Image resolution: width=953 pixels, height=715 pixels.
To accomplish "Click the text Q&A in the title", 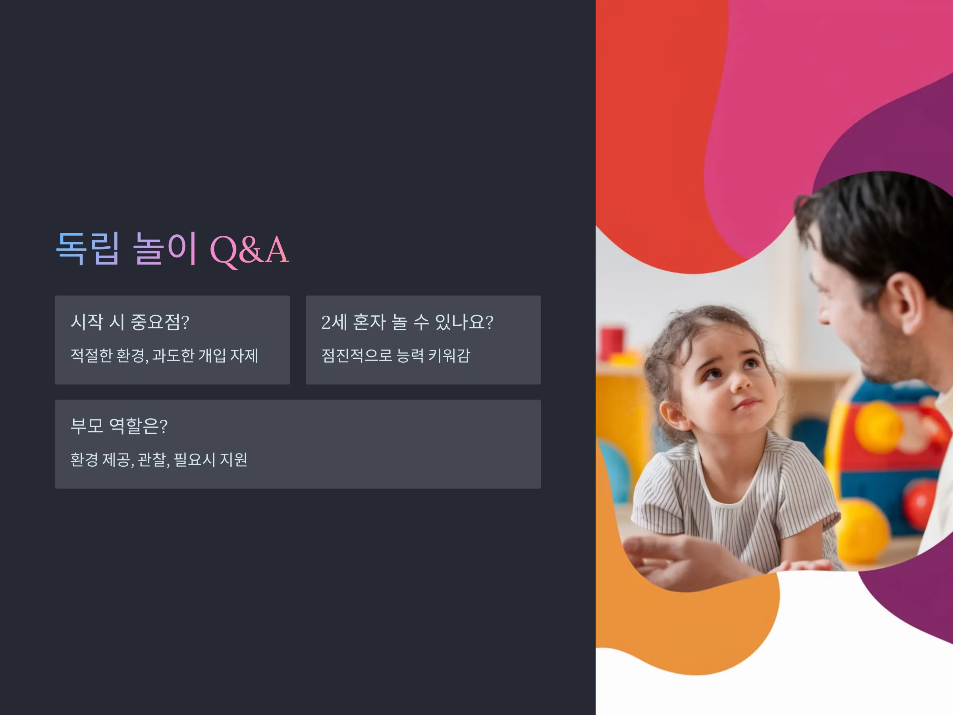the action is (249, 250).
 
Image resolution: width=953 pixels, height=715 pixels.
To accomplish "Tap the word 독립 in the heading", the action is (88, 248).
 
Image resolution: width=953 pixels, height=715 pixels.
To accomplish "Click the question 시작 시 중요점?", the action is (130, 322).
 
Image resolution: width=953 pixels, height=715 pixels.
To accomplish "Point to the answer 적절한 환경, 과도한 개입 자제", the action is (164, 356).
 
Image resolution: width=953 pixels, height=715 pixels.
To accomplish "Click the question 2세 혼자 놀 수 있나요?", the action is (407, 322).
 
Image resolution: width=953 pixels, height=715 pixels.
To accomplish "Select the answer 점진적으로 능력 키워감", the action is (395, 356).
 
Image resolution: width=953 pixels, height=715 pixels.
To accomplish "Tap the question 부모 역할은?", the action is (119, 426).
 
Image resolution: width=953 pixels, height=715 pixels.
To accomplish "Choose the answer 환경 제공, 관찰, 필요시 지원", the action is (159, 460).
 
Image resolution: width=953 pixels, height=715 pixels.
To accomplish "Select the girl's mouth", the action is (747, 404).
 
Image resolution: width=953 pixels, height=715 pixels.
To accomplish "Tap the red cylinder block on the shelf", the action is (612, 344).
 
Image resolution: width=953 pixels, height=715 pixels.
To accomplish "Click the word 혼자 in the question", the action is (369, 322).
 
